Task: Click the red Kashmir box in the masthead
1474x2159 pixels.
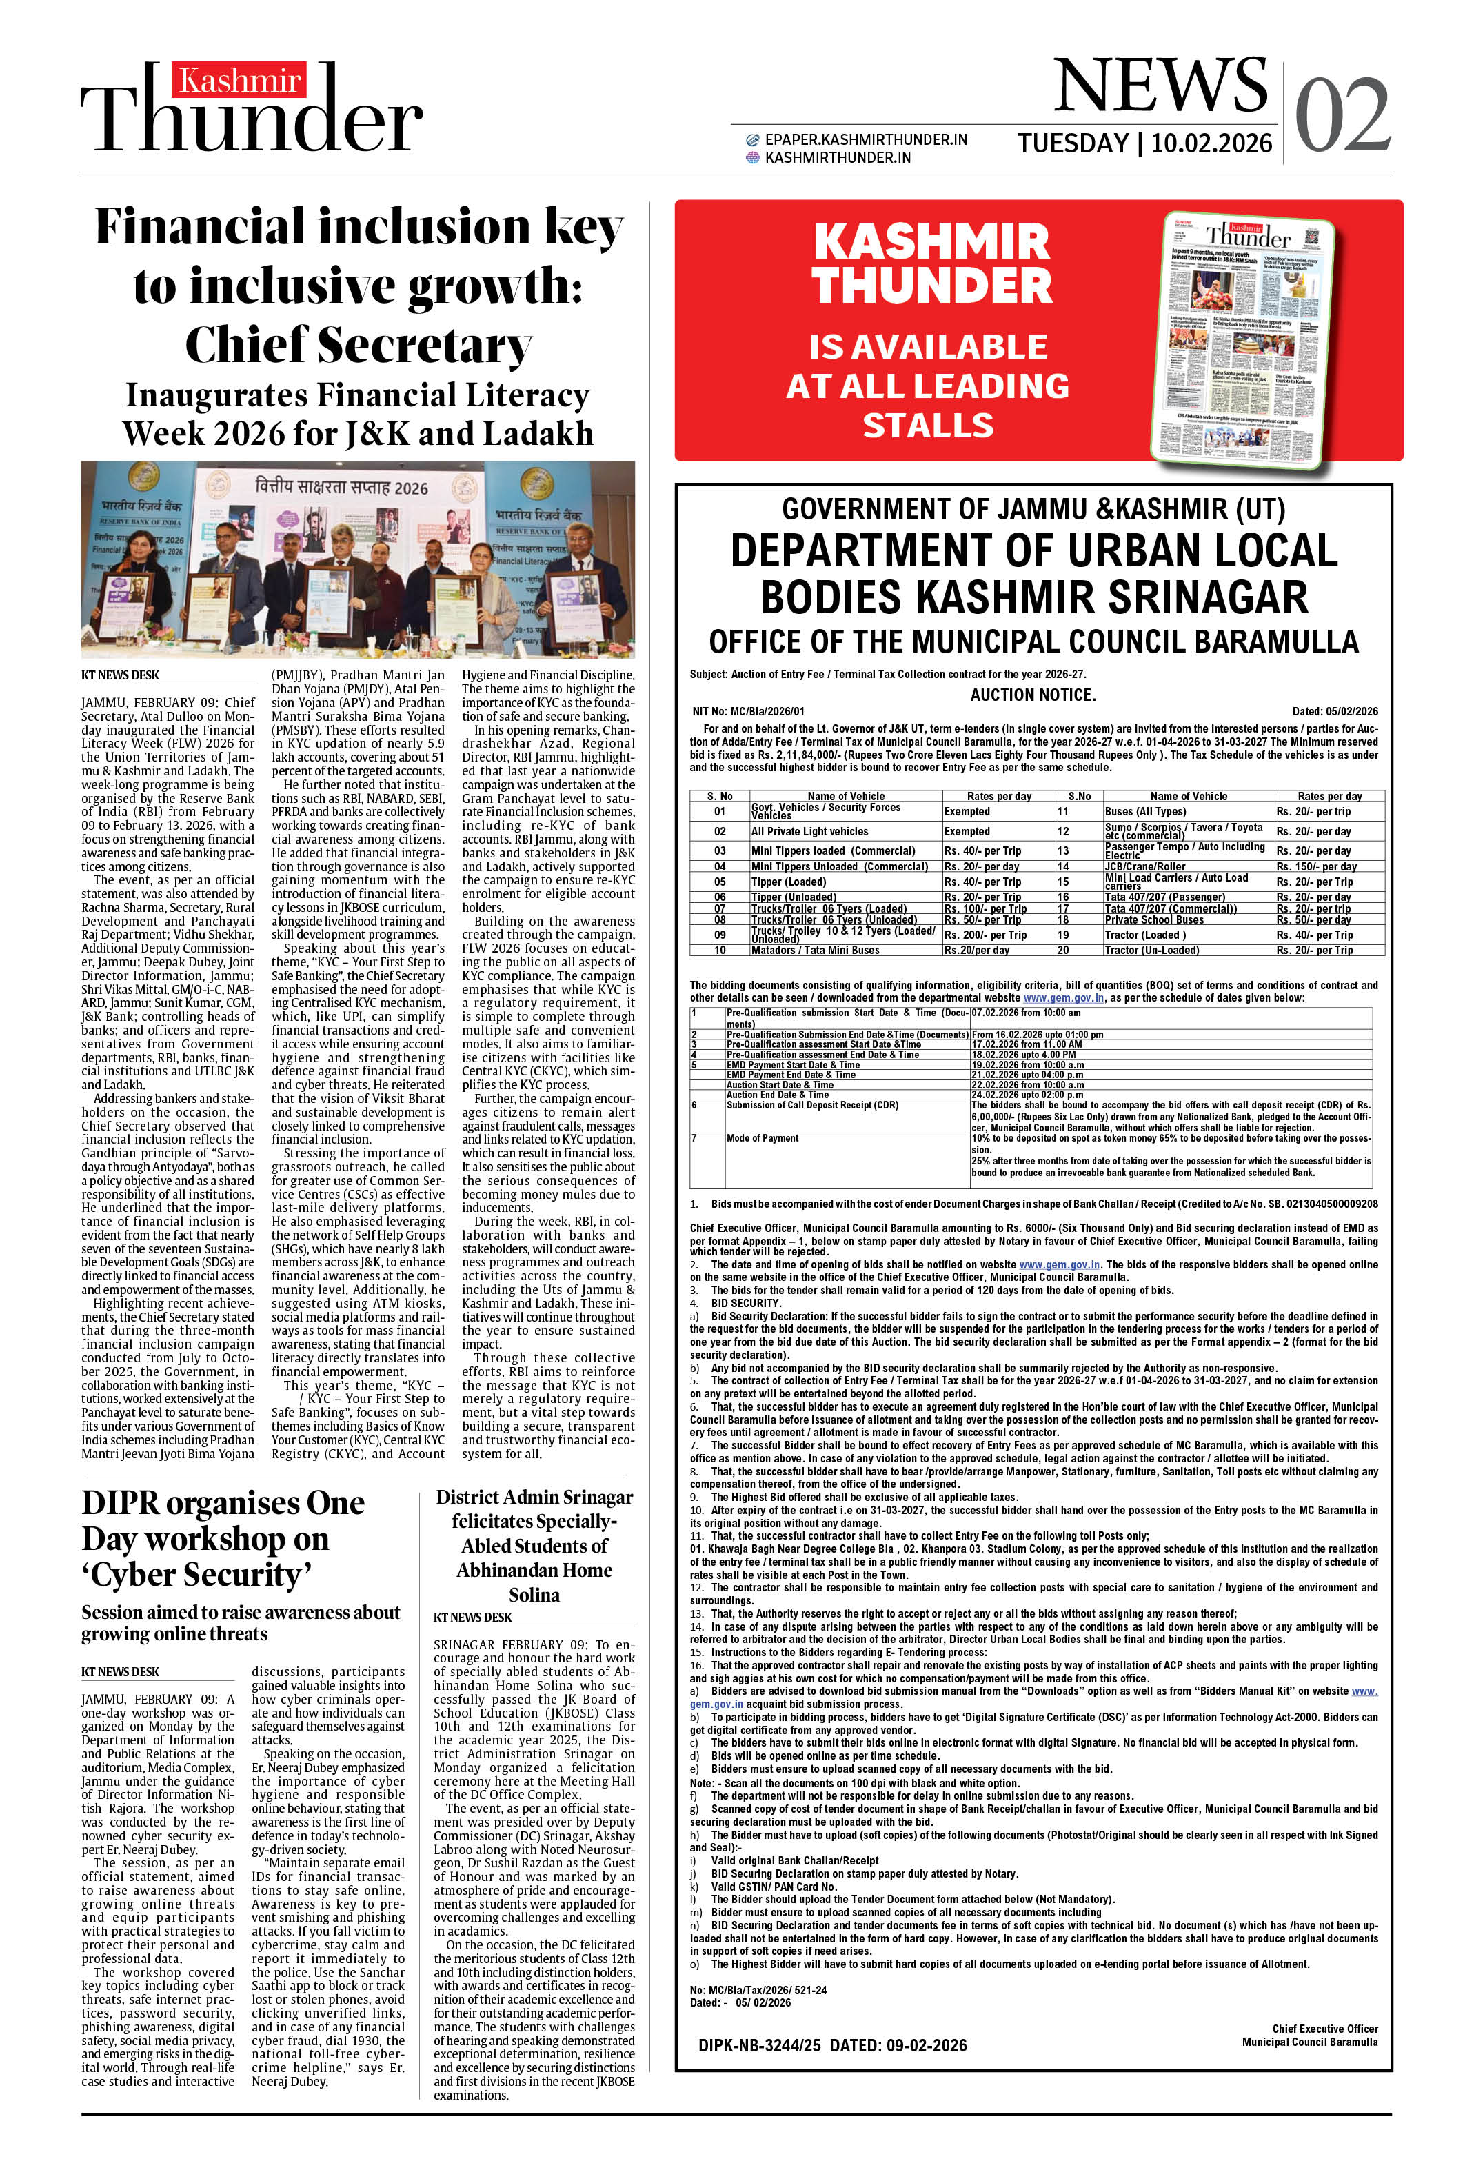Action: coord(239,81)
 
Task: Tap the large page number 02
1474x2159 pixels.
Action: coord(1342,115)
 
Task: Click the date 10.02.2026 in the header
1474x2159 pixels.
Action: coord(1211,143)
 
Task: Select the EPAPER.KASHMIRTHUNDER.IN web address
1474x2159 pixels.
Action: coord(865,139)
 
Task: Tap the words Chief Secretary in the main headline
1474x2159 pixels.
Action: coord(358,345)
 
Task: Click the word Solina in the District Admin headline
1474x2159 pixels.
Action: coord(534,1594)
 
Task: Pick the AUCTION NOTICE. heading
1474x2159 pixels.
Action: coord(1033,694)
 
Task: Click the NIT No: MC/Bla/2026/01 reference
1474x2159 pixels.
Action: coord(749,712)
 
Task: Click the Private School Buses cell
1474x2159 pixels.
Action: coord(1153,919)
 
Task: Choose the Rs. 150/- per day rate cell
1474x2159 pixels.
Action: coord(1316,867)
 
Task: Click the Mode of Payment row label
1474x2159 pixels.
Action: coord(762,1138)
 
